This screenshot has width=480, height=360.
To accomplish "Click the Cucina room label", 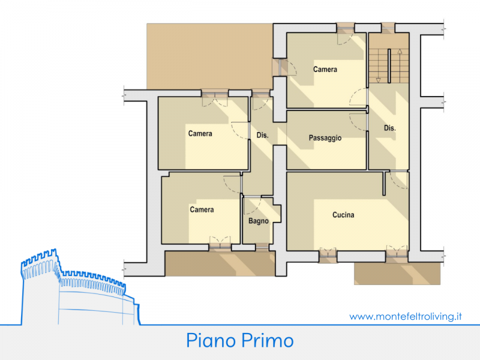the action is tap(343, 215).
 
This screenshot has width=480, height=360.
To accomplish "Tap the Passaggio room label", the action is tap(325, 138).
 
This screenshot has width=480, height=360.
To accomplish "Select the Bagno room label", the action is tap(259, 221).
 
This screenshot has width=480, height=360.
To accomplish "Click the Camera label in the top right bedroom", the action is tap(325, 70).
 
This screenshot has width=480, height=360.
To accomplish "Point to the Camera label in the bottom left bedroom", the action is tap(202, 209).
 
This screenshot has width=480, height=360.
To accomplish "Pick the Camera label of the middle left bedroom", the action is tap(200, 133).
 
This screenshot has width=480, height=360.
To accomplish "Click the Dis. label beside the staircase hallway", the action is tap(389, 128).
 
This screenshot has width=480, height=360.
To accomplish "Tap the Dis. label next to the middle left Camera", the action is tap(262, 135).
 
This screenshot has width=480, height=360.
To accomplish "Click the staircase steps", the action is tap(389, 66).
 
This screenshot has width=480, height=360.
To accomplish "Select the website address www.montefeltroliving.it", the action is tap(406, 317).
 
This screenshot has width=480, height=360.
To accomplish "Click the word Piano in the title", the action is tap(211, 340).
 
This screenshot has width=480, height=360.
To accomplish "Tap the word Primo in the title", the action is tap(267, 340).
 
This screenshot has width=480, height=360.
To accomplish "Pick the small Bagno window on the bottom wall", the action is tap(262, 247).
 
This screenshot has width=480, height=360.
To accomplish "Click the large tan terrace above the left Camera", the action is tap(209, 56).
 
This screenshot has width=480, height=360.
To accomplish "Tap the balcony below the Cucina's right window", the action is tap(397, 273).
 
